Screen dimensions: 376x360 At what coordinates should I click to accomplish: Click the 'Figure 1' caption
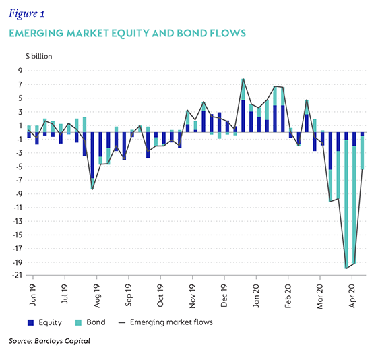pyautogui.click(x=27, y=13)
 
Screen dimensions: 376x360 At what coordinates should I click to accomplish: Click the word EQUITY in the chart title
pyautogui.click(x=131, y=33)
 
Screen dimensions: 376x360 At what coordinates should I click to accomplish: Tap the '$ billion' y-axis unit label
pyautogui.click(x=39, y=56)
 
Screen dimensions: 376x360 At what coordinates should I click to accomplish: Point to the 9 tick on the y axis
pyautogui.click(x=20, y=71)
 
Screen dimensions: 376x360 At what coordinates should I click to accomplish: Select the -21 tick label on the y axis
pyautogui.click(x=17, y=275)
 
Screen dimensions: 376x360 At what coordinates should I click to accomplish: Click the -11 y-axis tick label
pyautogui.click(x=18, y=207)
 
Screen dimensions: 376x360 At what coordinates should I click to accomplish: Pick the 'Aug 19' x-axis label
pyautogui.click(x=96, y=296)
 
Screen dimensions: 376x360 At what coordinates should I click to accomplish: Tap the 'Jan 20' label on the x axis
pyautogui.click(x=256, y=296)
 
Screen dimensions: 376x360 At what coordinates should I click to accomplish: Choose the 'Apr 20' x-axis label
pyautogui.click(x=352, y=296)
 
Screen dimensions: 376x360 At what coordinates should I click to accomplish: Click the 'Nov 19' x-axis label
pyautogui.click(x=192, y=296)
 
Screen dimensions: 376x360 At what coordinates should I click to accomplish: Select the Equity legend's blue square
pyautogui.click(x=30, y=322)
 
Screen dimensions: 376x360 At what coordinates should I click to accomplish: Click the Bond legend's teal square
pyautogui.click(x=78, y=322)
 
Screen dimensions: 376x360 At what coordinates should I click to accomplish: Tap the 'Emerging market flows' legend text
pyautogui.click(x=171, y=322)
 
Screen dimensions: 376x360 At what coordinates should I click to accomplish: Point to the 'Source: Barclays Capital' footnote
pyautogui.click(x=49, y=341)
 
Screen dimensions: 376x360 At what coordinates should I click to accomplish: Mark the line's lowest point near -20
pyautogui.click(x=346, y=268)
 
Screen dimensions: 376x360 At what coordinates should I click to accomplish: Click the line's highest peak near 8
pyautogui.click(x=243, y=79)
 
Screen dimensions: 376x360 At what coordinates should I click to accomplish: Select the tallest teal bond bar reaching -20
pyautogui.click(x=346, y=204)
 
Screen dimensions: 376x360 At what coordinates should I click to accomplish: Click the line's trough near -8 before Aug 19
pyautogui.click(x=92, y=189)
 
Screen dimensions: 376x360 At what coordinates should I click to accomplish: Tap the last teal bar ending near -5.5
pyautogui.click(x=362, y=153)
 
